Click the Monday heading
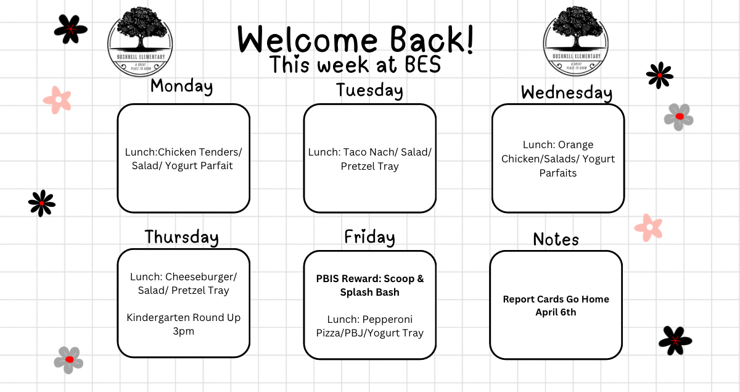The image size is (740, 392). (181, 86)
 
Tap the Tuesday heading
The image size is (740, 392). (369, 91)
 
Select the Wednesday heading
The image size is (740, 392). (567, 93)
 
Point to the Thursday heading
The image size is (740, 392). (182, 237)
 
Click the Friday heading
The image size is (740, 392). (369, 237)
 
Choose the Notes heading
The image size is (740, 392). (556, 240)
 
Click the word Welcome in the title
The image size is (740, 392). (308, 40)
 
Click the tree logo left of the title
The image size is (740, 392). (140, 42)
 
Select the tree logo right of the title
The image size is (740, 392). (576, 41)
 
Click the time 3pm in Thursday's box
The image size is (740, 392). (183, 331)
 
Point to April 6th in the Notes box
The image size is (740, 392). (556, 312)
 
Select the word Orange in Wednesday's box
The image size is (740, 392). (575, 145)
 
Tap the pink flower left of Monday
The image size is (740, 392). (57, 100)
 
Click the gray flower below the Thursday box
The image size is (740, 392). (68, 361)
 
